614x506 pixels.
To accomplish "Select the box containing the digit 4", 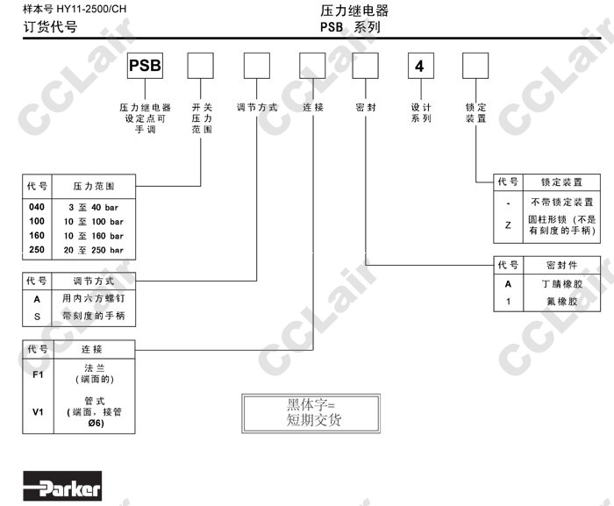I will coord(420,67).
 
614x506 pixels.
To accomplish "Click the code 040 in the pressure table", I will coord(36,206).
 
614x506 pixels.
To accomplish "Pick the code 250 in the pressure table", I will coord(36,250).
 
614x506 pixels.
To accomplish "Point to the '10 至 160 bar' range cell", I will coord(96,235).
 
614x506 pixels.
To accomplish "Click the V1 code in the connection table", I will coord(36,410).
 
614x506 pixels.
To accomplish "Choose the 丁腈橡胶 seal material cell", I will coord(562,284).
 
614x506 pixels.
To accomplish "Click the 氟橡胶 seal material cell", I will coord(562,301).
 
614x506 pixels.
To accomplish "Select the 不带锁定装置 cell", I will coord(562,202).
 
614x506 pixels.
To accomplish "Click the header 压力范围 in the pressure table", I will coord(95,187).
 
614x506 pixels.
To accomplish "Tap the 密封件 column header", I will coord(562,264).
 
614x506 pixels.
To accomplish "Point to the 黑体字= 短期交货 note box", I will coord(313,412).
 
